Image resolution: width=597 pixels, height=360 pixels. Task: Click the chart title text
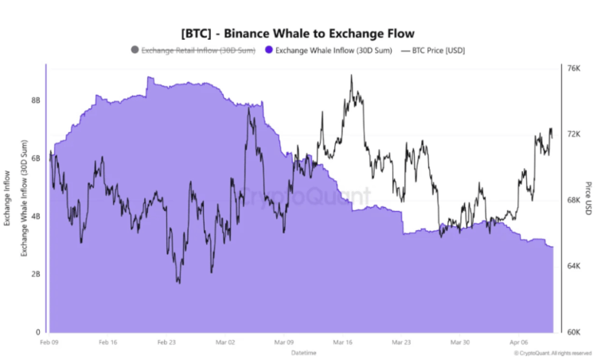[298, 33]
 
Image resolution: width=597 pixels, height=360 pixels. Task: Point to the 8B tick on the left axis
[36, 101]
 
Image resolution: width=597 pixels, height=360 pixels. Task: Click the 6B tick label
[36, 158]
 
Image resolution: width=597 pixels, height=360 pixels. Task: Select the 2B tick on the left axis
[36, 274]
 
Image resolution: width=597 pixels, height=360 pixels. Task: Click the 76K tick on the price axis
[572, 68]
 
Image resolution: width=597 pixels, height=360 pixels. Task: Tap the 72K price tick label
[572, 135]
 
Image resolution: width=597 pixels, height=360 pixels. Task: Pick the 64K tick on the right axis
[572, 266]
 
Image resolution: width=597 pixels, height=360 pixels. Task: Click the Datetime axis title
[302, 351]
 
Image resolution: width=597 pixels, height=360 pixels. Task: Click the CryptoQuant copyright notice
[552, 352]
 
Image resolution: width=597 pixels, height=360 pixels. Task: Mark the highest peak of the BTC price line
[351, 76]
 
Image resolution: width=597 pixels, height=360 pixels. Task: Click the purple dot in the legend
[269, 50]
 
